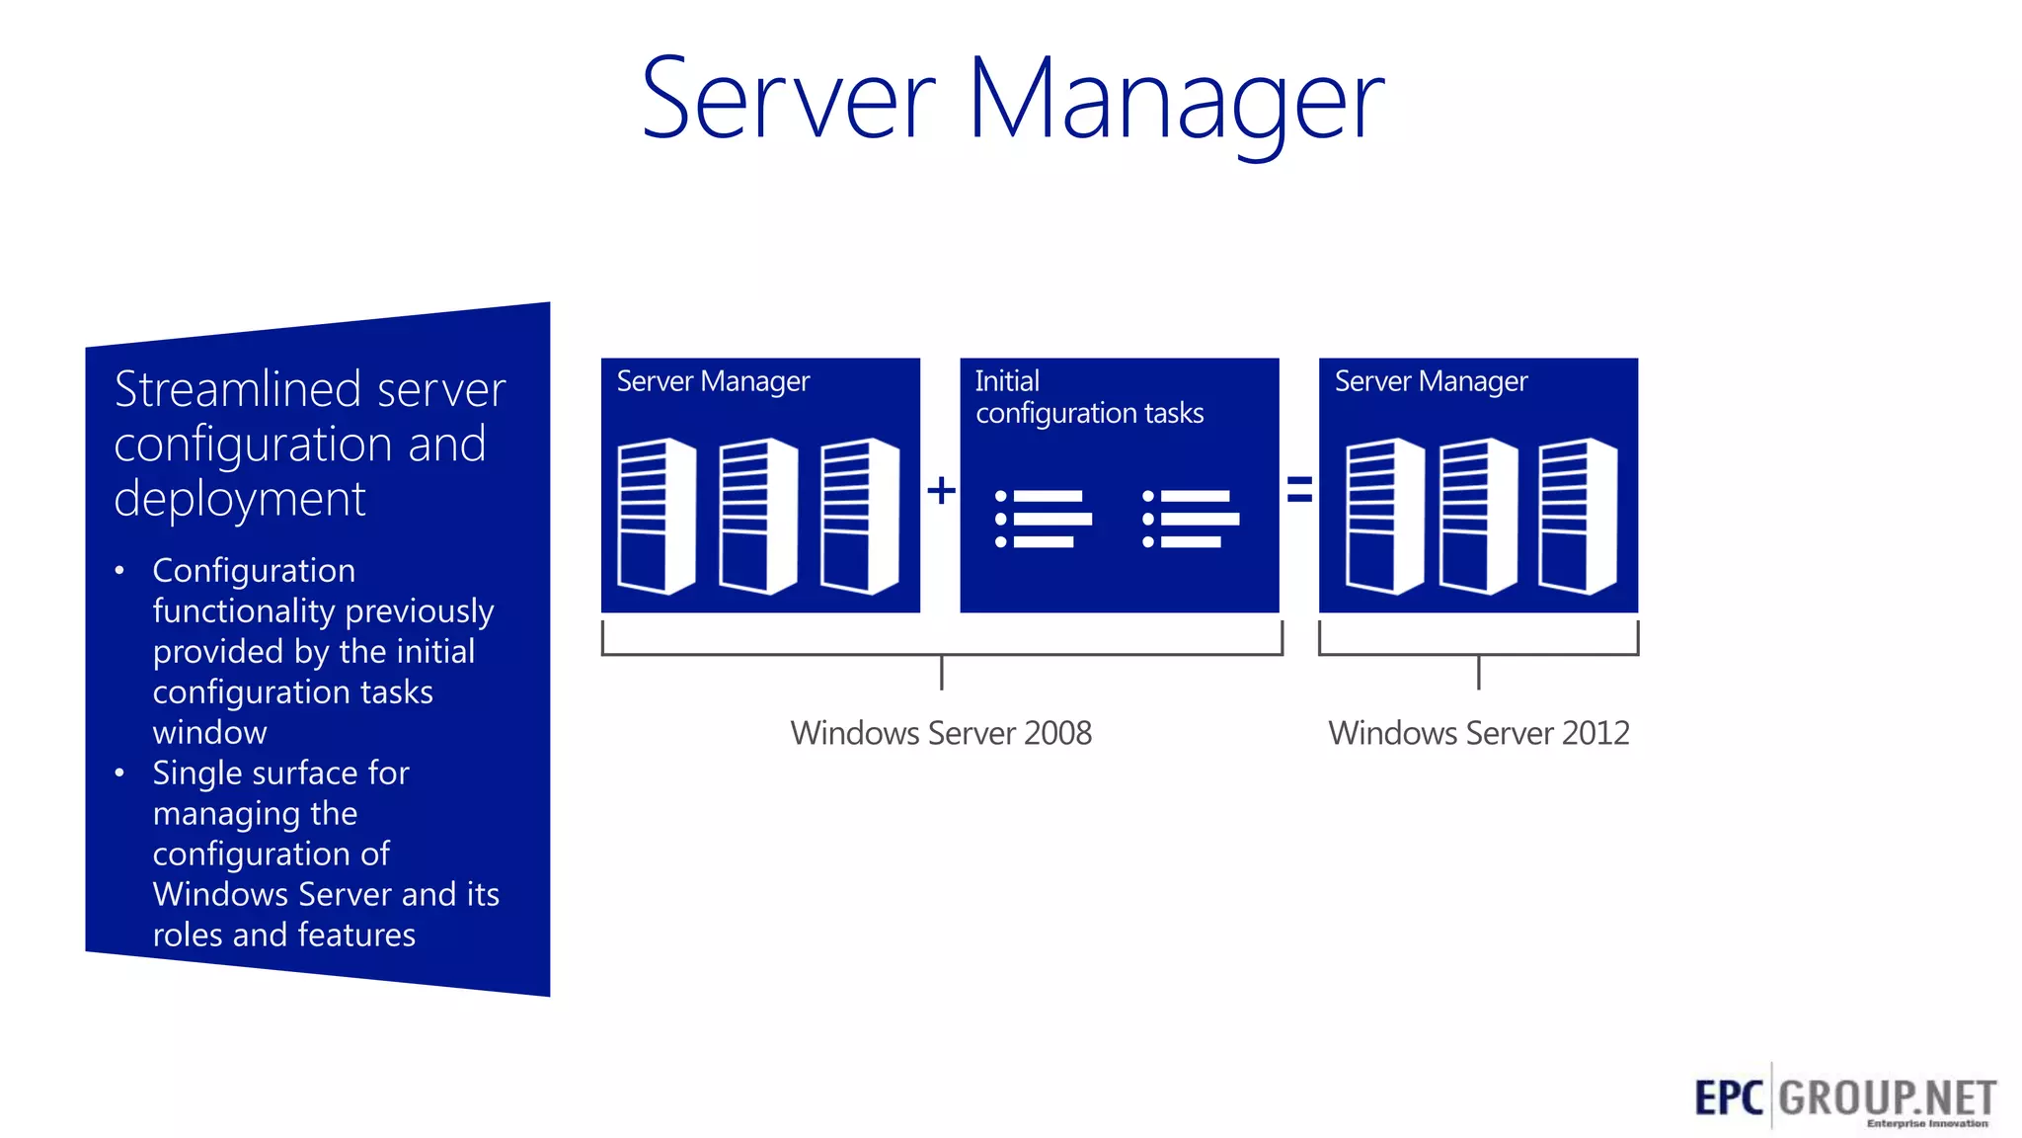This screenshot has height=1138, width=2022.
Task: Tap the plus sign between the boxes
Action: pos(941,490)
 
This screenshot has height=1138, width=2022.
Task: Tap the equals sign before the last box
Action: pos(1299,489)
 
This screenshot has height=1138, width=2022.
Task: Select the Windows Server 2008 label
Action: pos(941,733)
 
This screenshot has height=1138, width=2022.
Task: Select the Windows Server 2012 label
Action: pos(1478,733)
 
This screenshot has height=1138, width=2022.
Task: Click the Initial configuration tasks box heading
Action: pos(1088,397)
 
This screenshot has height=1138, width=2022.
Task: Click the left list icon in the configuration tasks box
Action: pos(1044,519)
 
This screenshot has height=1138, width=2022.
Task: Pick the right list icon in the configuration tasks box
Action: pos(1190,519)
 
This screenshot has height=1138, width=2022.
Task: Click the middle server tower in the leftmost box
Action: pos(757,517)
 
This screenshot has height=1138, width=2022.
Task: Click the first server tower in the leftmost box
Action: pos(656,517)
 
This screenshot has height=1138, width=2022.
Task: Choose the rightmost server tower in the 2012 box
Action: pos(1577,517)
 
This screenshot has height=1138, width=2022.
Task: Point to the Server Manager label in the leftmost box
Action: pos(713,381)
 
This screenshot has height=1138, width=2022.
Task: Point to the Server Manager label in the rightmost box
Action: pos(1431,381)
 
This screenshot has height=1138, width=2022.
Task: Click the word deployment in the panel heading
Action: pos(240,499)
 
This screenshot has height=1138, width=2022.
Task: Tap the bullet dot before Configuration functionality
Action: pos(119,571)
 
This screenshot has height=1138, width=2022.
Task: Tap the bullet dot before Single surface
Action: pos(119,773)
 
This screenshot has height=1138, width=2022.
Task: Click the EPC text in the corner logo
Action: pos(1729,1097)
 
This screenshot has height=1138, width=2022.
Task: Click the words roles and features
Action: pos(284,935)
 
